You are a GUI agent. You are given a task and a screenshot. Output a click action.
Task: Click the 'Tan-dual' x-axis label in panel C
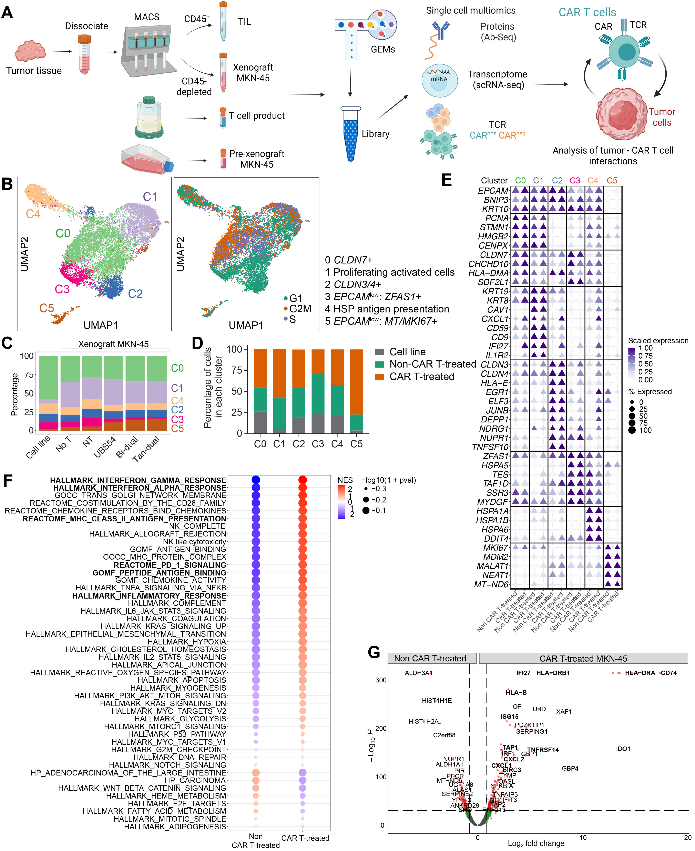146,449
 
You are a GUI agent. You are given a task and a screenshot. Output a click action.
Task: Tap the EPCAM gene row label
493,191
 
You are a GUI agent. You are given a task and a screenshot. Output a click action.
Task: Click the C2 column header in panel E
557,181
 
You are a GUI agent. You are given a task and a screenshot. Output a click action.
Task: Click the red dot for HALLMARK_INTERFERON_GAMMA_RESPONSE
303,480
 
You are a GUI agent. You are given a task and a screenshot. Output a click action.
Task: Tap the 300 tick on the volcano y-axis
381,680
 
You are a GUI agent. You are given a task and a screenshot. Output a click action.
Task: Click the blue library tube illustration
351,135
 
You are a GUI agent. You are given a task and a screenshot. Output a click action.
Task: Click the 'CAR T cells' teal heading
587,12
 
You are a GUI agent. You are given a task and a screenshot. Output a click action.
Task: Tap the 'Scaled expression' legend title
658,340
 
